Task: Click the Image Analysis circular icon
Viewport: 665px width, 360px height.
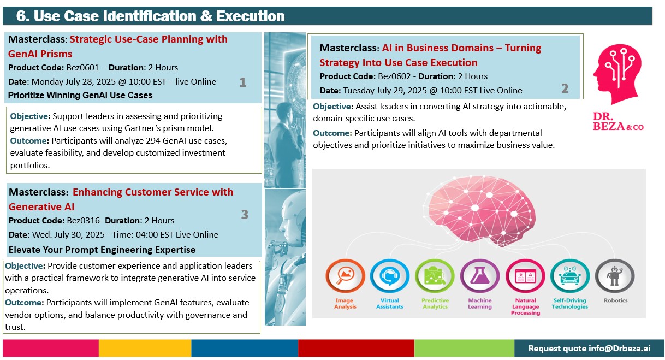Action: [x=345, y=276]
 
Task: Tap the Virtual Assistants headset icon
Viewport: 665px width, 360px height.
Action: [x=390, y=276]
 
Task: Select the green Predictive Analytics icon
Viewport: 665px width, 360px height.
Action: [x=435, y=276]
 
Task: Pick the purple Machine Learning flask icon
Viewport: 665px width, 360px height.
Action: [x=480, y=276]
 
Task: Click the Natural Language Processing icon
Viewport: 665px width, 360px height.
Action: [x=525, y=276]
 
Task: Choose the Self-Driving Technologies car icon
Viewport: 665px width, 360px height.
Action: [x=569, y=276]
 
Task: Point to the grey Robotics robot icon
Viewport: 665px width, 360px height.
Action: [x=615, y=276]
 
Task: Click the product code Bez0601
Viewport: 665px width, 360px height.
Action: [x=82, y=68]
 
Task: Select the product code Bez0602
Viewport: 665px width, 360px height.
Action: [x=394, y=76]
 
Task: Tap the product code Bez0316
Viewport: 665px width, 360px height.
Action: [x=83, y=221]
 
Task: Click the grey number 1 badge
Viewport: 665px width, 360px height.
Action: [x=243, y=82]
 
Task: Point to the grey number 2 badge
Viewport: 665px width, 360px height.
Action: [x=565, y=88]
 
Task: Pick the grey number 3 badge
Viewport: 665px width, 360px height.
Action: [x=245, y=215]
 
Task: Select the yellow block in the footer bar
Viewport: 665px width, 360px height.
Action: [x=145, y=348]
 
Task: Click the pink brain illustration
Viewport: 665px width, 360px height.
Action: [x=479, y=211]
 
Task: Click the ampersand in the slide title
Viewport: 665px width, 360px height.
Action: [x=206, y=16]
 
